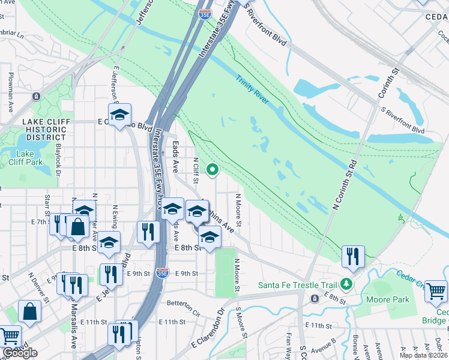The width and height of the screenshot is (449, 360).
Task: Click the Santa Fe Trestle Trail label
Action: point(297,284)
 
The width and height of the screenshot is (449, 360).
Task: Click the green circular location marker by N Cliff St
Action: point(212,171)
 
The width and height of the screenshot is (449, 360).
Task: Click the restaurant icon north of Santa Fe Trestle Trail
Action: point(353,257)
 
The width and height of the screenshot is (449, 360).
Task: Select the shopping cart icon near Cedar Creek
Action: point(436,292)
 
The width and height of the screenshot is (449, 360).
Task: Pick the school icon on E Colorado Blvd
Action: point(120,114)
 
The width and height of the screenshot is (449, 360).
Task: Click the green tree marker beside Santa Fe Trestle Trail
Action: point(346,283)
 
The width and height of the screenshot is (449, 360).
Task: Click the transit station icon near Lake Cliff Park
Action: point(36,96)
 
